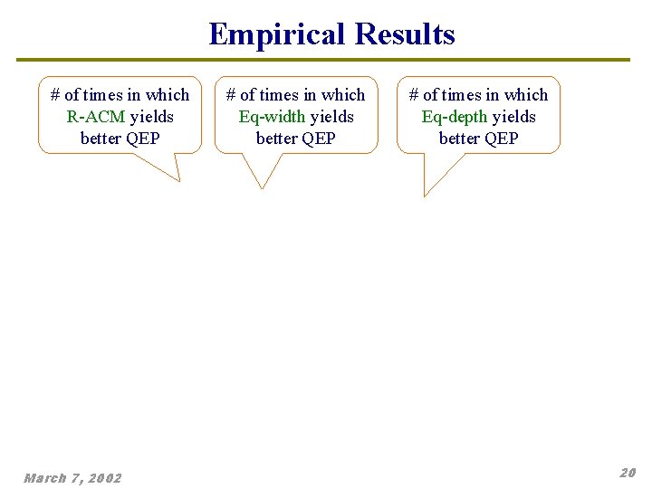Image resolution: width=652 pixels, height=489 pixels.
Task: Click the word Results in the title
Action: tap(405, 34)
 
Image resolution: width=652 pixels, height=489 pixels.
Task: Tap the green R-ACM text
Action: tap(96, 117)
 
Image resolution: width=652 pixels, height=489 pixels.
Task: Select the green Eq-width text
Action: tap(272, 117)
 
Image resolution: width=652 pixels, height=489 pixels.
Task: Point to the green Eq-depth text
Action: tap(455, 117)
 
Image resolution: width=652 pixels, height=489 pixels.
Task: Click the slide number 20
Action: tap(628, 473)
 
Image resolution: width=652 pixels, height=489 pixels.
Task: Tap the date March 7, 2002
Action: tap(72, 477)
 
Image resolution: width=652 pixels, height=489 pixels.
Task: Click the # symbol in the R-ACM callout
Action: tap(55, 95)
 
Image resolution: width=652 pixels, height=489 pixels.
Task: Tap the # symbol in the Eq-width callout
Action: tap(231, 95)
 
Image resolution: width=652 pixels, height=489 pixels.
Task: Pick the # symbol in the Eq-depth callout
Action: tap(414, 95)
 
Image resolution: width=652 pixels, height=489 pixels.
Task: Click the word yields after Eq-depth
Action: tap(513, 117)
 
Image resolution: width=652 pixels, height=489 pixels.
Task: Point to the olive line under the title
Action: tap(322, 60)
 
